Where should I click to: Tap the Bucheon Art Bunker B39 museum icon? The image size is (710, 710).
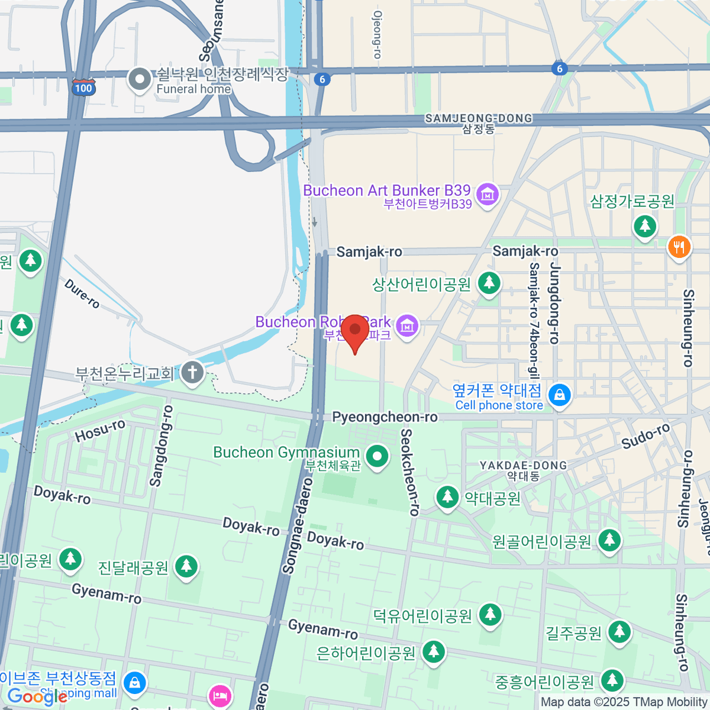488,193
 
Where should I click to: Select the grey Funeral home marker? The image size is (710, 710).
140,79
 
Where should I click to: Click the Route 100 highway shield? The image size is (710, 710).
83,88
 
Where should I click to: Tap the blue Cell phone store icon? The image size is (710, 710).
559,395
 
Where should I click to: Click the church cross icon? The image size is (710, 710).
192,373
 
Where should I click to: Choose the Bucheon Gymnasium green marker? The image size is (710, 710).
377,456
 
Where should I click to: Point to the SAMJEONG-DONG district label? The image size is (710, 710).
478,119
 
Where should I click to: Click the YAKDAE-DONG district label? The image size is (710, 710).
523,466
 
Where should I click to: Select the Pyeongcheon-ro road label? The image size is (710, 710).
385,417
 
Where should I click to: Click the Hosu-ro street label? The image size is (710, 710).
100,430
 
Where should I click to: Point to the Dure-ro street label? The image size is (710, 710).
82,293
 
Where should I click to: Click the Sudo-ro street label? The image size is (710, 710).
646,436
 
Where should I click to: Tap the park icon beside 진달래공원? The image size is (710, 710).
186,566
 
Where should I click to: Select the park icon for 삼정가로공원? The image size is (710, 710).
645,225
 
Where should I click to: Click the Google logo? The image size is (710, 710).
37,697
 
